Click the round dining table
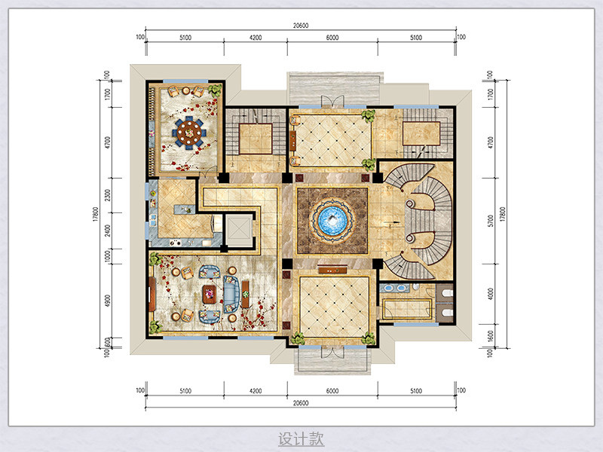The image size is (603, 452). pos(189,133)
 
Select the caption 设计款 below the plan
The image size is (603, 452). pos(301,438)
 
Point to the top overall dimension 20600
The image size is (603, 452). pos(301,26)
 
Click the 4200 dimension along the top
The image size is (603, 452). pos(256,38)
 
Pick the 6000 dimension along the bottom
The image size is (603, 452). pos(332,391)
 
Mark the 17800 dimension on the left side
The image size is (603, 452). pos(96,214)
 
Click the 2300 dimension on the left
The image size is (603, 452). pos(108,195)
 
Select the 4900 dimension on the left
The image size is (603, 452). pos(108,301)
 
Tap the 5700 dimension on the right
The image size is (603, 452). pos(491,221)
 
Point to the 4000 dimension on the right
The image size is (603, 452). pos(491,294)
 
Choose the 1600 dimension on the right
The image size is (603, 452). pos(491,335)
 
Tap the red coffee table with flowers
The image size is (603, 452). pos(210,295)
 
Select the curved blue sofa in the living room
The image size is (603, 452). pos(231,294)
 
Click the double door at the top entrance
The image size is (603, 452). pos(332,101)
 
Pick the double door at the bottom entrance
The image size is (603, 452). pos(332,352)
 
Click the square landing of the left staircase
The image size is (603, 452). pos(256,139)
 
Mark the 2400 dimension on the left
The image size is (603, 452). pos(108,231)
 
